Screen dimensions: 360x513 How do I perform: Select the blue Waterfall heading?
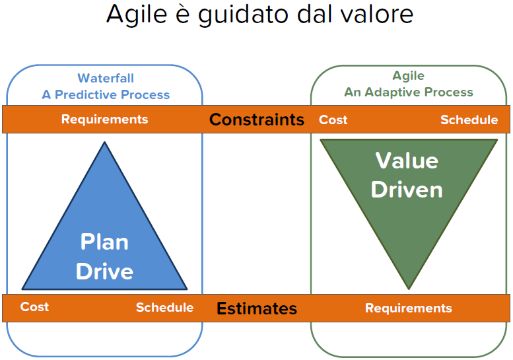pyautogui.click(x=106, y=79)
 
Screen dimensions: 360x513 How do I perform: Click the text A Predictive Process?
pyautogui.click(x=106, y=94)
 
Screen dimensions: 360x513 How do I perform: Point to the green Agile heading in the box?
pyautogui.click(x=408, y=76)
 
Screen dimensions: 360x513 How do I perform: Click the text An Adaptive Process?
pyautogui.click(x=409, y=92)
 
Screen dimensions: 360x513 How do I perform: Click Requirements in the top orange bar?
pyautogui.click(x=104, y=119)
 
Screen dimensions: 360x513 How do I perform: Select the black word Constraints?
pyautogui.click(x=257, y=120)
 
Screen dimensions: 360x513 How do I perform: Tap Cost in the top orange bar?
pyautogui.click(x=333, y=120)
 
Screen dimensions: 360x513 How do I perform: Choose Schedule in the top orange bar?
pyautogui.click(x=469, y=120)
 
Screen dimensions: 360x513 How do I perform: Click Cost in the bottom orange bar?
pyautogui.click(x=34, y=306)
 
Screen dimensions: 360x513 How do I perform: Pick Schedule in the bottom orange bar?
pyautogui.click(x=164, y=307)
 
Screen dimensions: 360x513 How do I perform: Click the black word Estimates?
pyautogui.click(x=257, y=308)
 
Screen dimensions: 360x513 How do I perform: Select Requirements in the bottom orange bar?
pyautogui.click(x=408, y=308)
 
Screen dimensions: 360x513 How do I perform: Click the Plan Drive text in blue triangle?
pyautogui.click(x=104, y=256)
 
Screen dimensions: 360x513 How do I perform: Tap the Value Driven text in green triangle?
pyautogui.click(x=407, y=175)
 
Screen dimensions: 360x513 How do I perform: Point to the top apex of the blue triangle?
pyautogui.click(x=104, y=143)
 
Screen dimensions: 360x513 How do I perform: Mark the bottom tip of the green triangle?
pyautogui.click(x=409, y=287)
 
